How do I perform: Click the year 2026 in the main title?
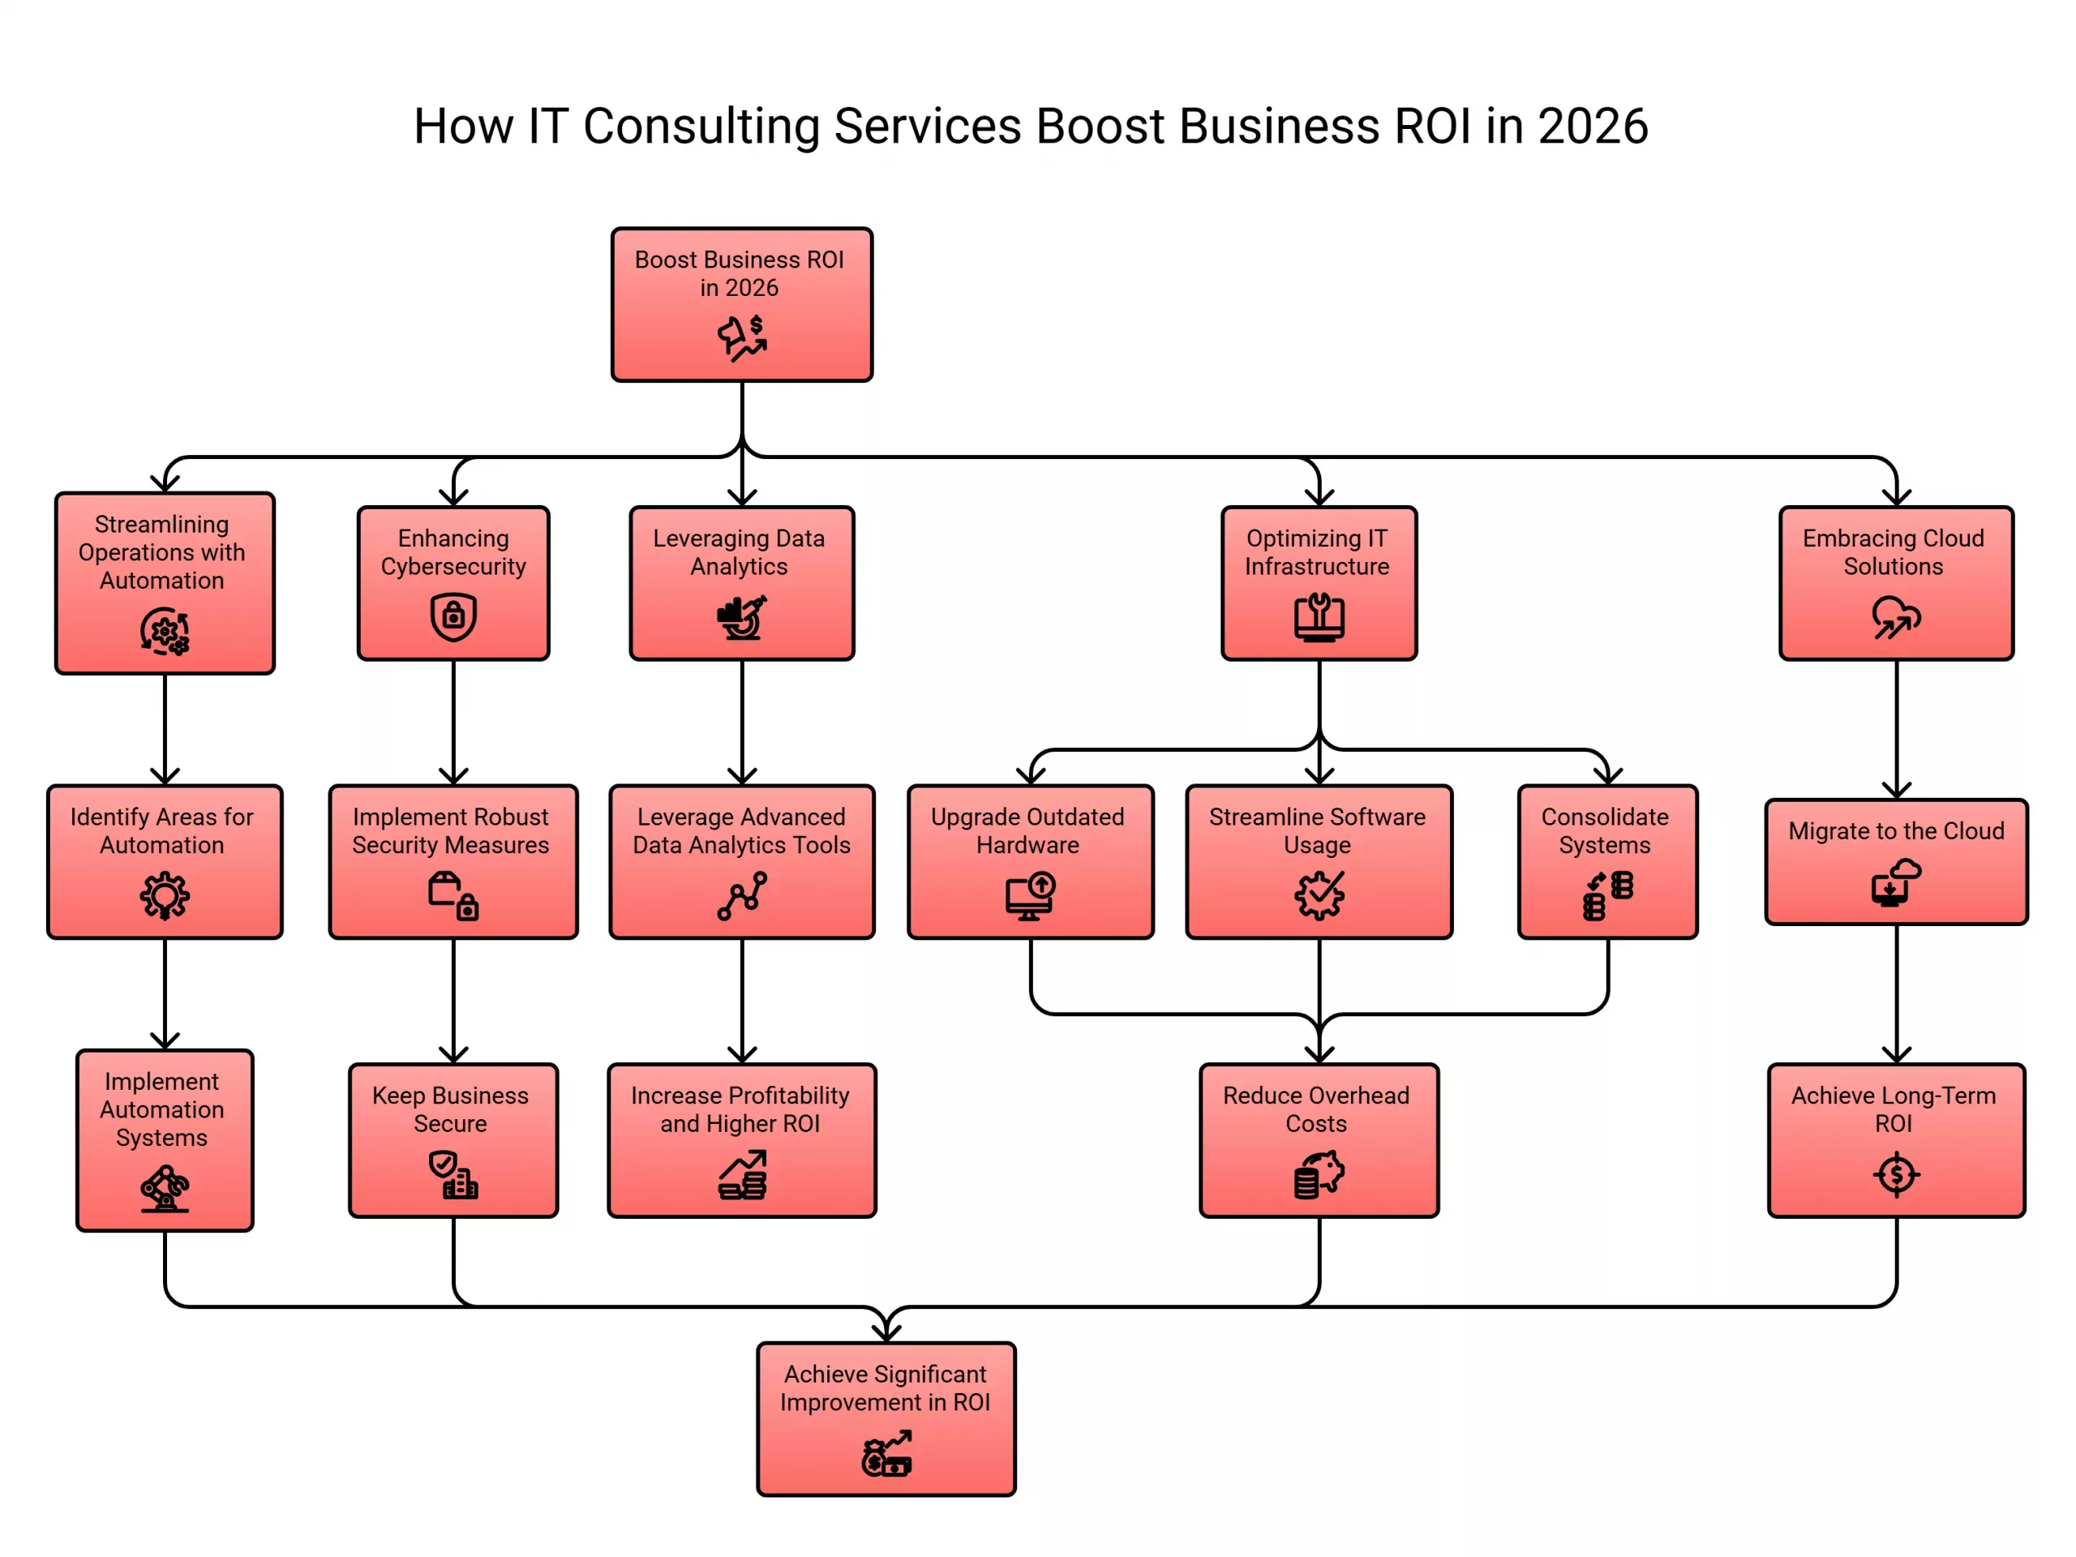click(x=1593, y=127)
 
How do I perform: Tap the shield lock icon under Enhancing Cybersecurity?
click(x=453, y=616)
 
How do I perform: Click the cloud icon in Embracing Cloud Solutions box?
click(x=1896, y=616)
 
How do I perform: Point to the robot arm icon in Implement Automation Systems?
click(x=165, y=1188)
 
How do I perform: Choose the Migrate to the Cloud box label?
click(x=1896, y=830)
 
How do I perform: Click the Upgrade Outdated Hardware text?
click(x=1027, y=830)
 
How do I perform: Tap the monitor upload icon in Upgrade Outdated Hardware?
click(x=1030, y=895)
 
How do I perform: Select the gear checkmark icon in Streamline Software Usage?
click(x=1319, y=895)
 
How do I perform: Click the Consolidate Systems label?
click(x=1605, y=830)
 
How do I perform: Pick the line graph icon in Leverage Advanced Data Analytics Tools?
click(x=741, y=895)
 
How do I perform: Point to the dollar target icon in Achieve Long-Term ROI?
click(x=1896, y=1174)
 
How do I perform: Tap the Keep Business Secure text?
click(x=451, y=1109)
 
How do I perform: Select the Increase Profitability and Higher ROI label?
click(x=740, y=1109)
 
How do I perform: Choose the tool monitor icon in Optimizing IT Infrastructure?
click(x=1319, y=616)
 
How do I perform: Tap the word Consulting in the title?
click(x=701, y=127)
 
